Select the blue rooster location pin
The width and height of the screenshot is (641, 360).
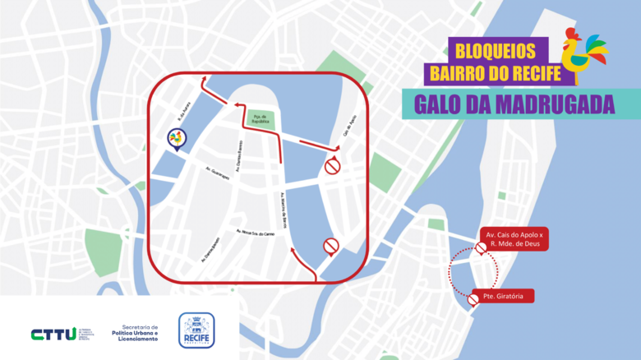(x=175, y=140)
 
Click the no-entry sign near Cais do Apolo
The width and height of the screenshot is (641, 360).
(x=332, y=167)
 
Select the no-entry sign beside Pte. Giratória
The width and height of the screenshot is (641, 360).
(x=473, y=301)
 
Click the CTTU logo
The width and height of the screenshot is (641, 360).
(x=53, y=334)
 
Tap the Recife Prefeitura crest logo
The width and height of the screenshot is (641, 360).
(x=196, y=331)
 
